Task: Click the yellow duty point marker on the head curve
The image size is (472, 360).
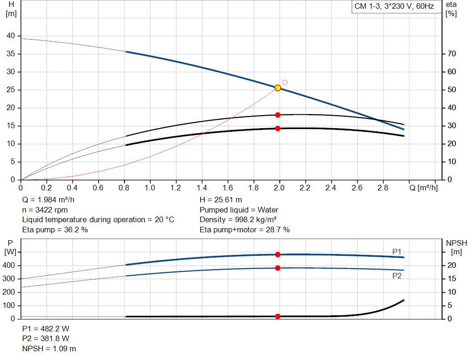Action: pos(277,88)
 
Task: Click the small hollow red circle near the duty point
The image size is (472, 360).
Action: pos(285,83)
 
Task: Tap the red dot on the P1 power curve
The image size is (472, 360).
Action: pos(277,254)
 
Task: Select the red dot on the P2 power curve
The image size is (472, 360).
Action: pos(277,268)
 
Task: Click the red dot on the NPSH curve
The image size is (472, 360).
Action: pos(277,316)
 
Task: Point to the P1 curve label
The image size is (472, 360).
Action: pos(397,251)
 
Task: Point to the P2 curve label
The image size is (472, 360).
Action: pos(397,276)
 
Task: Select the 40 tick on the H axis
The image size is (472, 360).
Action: pos(11,36)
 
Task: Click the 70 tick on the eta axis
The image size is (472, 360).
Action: pos(452,54)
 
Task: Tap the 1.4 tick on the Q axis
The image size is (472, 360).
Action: pos(201,188)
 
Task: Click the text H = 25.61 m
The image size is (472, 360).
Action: pos(221,200)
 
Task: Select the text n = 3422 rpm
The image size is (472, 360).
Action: pos(45,210)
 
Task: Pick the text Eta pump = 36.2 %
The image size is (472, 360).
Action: pos(55,230)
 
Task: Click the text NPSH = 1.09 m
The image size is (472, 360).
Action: pos(49,348)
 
